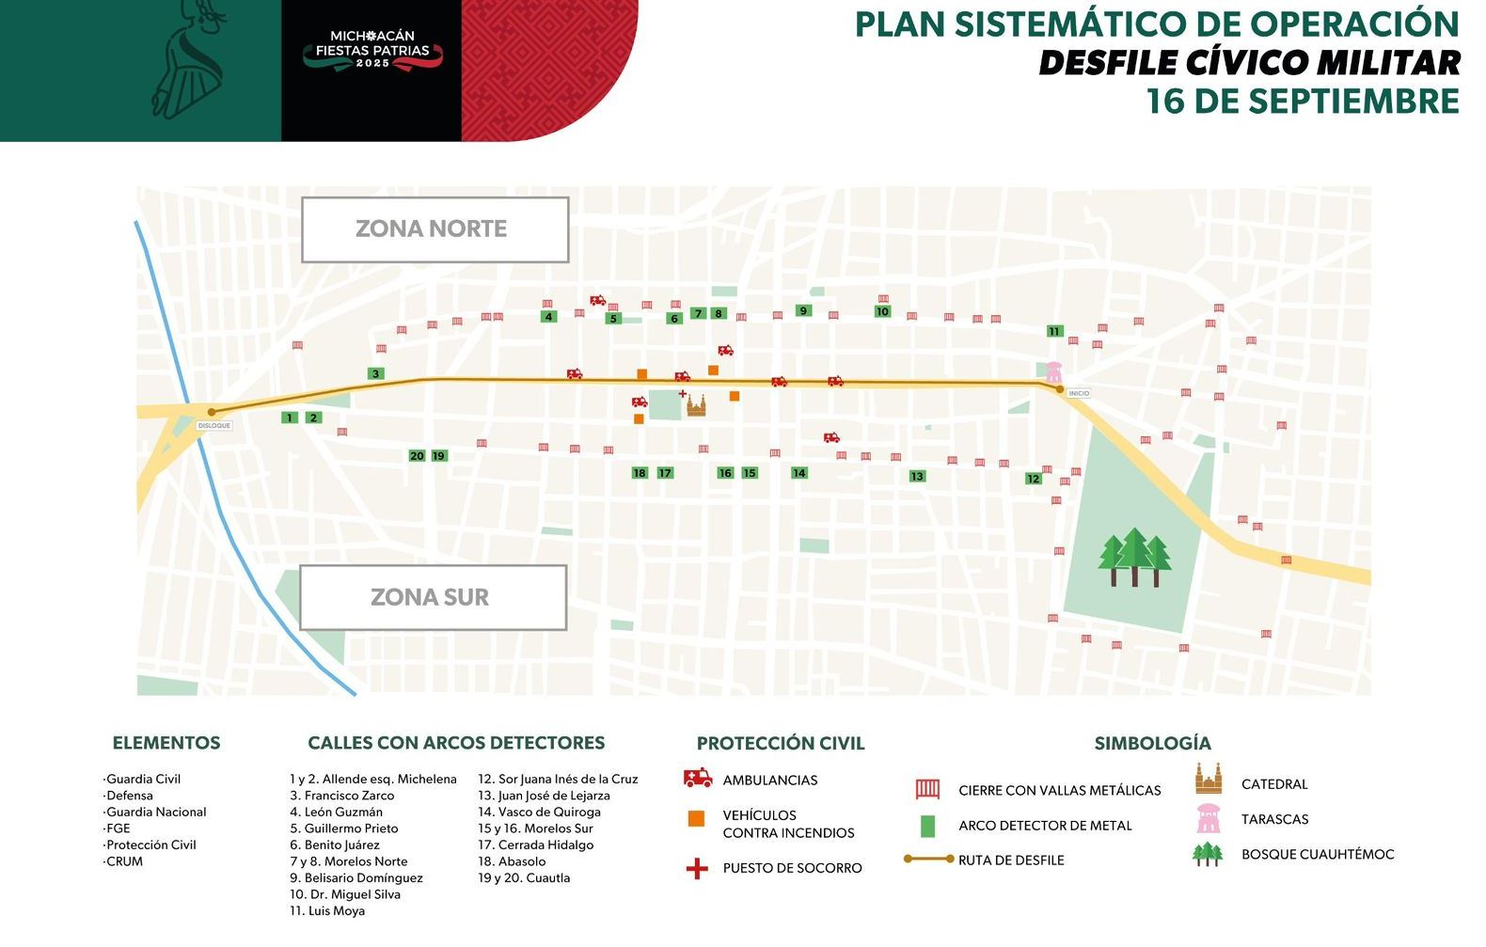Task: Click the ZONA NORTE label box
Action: pyautogui.click(x=435, y=229)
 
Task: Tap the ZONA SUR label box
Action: pyautogui.click(x=433, y=597)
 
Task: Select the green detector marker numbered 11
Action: pyautogui.click(x=1054, y=331)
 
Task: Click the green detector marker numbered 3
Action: pyautogui.click(x=376, y=373)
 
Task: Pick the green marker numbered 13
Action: pyautogui.click(x=917, y=477)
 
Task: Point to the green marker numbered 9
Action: pyautogui.click(x=802, y=311)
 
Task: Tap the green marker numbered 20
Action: pyautogui.click(x=417, y=456)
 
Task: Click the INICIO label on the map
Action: pyautogui.click(x=1079, y=393)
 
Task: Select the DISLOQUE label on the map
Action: pyautogui.click(x=214, y=426)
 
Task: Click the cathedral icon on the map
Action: pyautogui.click(x=696, y=405)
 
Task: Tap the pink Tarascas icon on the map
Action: pyautogui.click(x=1053, y=371)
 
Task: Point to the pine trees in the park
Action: pyautogui.click(x=1134, y=557)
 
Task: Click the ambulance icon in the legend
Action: pyautogui.click(x=698, y=779)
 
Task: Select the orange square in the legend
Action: pyautogui.click(x=697, y=819)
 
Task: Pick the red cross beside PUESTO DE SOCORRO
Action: pyautogui.click(x=697, y=868)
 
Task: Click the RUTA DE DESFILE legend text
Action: pyautogui.click(x=1011, y=860)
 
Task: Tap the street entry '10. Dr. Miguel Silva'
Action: pyautogui.click(x=345, y=894)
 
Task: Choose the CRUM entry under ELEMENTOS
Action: pyautogui.click(x=124, y=861)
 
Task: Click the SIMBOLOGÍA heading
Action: pyautogui.click(x=1152, y=743)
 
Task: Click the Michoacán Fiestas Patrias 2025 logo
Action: pyautogui.click(x=372, y=51)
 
